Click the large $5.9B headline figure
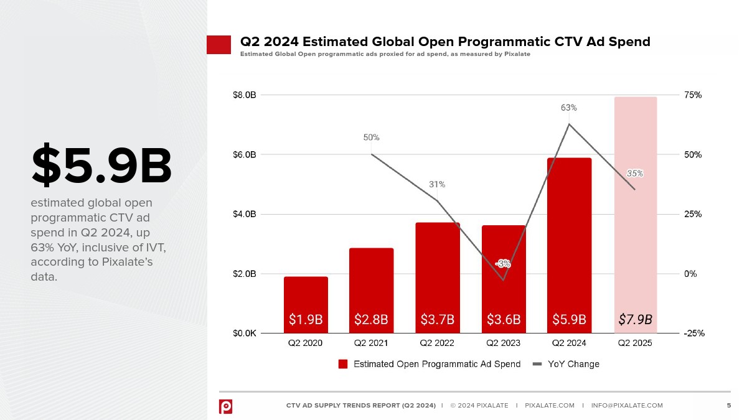tap(101, 166)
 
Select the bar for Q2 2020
tap(306, 299)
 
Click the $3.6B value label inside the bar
tap(504, 320)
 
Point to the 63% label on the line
tap(568, 108)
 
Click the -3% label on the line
tap(503, 264)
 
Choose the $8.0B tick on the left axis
tap(244, 95)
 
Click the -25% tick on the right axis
tap(693, 334)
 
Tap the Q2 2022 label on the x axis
tap(437, 343)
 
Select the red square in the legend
tap(343, 364)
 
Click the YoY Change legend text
tap(573, 364)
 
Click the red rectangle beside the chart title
tap(218, 45)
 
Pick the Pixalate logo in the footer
tap(225, 406)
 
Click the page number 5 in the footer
tap(729, 406)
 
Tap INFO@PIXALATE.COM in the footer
tap(627, 406)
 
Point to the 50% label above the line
tap(372, 138)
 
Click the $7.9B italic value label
tap(635, 320)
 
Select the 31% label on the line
tap(437, 185)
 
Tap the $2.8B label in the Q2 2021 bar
tap(371, 320)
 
